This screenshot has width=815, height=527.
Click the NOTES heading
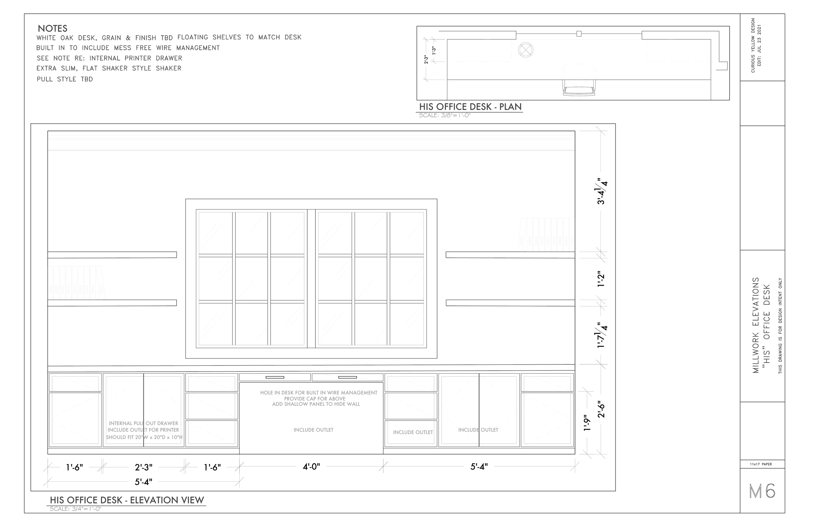(x=52, y=28)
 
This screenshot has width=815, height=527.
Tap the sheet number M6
(x=762, y=491)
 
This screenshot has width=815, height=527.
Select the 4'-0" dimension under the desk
(x=311, y=466)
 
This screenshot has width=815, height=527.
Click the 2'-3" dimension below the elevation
(x=143, y=467)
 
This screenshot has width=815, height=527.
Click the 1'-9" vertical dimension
(x=587, y=423)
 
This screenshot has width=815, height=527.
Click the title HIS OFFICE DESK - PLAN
(x=470, y=107)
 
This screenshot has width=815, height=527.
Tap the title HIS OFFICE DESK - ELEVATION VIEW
(x=127, y=500)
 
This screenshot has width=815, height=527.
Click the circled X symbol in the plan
(x=526, y=50)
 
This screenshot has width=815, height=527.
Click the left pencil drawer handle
(x=275, y=377)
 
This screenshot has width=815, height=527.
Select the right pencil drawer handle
(x=348, y=377)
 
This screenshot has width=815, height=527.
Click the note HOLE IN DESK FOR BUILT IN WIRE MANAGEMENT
(x=319, y=392)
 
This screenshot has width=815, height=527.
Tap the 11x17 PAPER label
(x=761, y=464)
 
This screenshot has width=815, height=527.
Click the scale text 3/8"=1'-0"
(x=445, y=115)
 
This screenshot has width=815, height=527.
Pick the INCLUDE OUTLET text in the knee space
(x=313, y=430)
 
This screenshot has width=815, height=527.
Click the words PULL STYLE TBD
(x=65, y=79)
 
